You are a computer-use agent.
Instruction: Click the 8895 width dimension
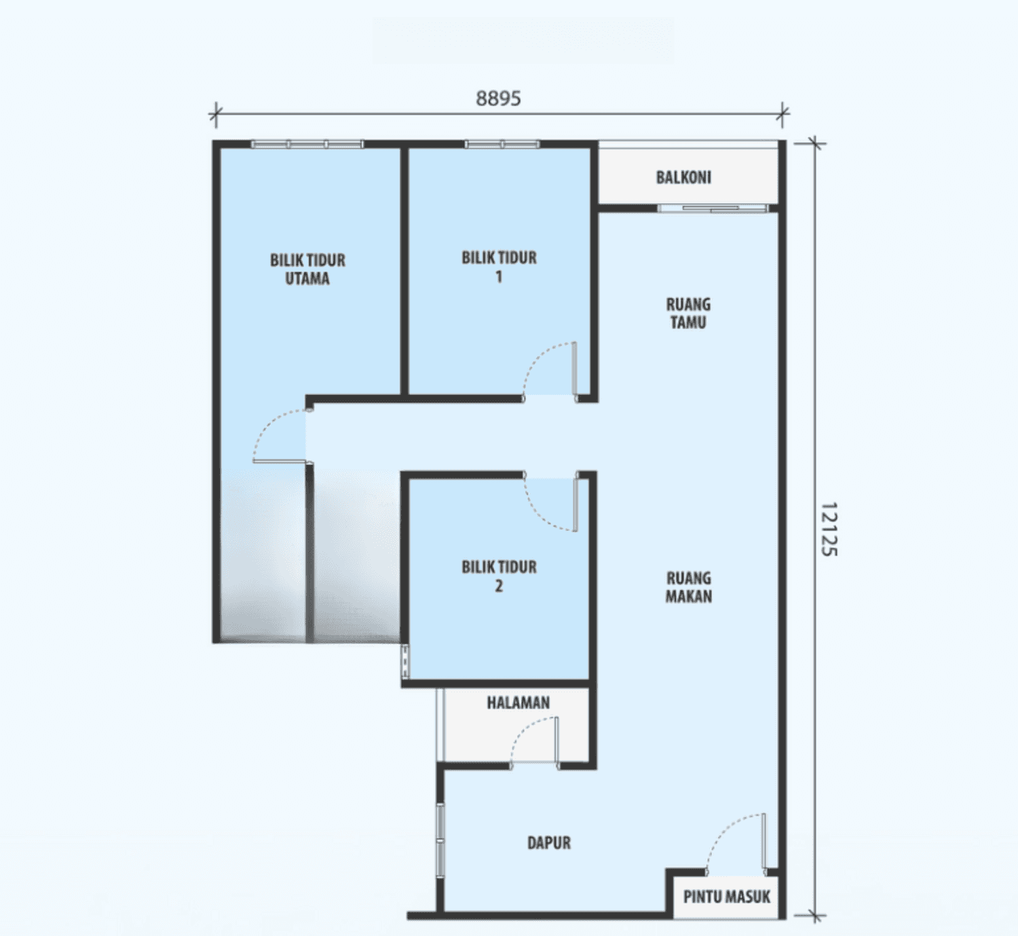[x=498, y=98]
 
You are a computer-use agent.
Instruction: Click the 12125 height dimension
[x=829, y=529]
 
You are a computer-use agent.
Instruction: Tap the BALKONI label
[x=683, y=177]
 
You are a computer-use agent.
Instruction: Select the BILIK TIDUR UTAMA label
[x=307, y=269]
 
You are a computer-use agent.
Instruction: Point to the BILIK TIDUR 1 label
[x=499, y=267]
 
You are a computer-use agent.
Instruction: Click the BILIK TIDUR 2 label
[x=499, y=576]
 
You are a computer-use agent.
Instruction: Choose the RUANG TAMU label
[x=688, y=313]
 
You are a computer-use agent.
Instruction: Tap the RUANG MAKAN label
[x=688, y=586]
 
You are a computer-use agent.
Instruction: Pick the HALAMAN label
[x=518, y=703]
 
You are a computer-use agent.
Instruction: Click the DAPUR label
[x=548, y=842]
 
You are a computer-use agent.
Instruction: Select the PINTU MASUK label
[x=727, y=897]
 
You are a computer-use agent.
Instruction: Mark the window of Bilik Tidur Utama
[x=307, y=145]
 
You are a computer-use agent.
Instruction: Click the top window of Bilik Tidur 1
[x=502, y=145]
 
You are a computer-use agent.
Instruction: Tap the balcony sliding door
[x=713, y=208]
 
